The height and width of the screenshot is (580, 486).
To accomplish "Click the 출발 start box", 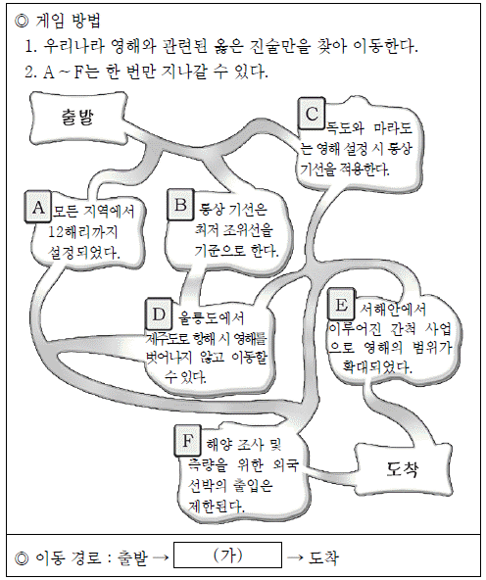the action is (x=78, y=118).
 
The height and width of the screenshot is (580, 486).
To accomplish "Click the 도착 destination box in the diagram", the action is (x=403, y=469).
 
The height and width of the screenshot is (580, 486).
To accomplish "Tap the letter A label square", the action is (x=38, y=207).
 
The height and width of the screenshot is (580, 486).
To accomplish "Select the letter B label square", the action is (x=180, y=205).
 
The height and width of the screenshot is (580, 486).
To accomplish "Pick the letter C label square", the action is (x=312, y=114).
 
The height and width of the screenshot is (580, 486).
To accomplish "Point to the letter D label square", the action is (x=159, y=314).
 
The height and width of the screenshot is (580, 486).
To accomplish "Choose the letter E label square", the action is (x=341, y=305).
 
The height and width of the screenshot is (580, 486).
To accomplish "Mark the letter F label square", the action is (x=188, y=441).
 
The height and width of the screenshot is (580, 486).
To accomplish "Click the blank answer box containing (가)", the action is (x=228, y=555).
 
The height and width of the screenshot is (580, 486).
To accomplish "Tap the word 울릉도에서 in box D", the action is (x=212, y=317).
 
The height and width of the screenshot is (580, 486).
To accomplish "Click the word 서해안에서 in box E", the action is (x=393, y=309).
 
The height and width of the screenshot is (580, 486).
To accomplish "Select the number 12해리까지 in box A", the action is (x=83, y=232).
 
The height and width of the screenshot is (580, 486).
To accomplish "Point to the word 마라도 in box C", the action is (x=393, y=128).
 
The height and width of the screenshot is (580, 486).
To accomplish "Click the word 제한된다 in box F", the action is (x=217, y=506).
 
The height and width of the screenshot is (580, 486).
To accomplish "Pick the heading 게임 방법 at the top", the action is (x=68, y=21).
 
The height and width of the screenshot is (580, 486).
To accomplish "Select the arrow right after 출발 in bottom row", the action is (x=161, y=557).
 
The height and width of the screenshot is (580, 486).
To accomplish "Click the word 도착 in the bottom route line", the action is (x=323, y=557).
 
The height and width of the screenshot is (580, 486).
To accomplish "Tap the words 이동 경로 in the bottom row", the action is (x=68, y=557).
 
